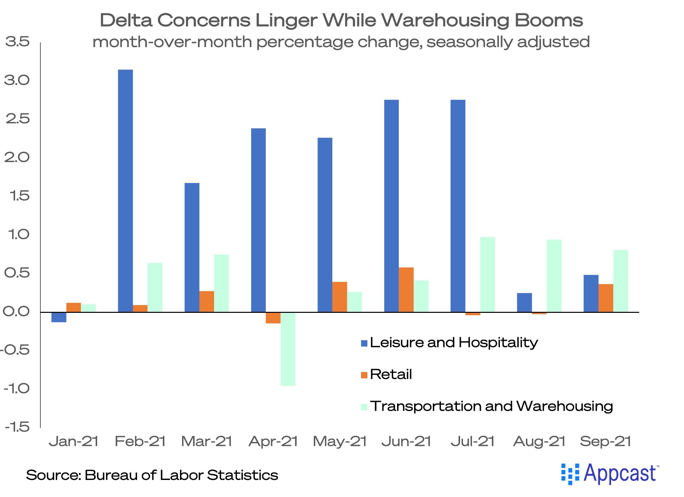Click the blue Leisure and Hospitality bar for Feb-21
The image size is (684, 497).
click(x=125, y=191)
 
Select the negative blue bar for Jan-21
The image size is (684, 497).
click(x=59, y=317)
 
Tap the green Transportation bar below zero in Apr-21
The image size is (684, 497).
click(x=288, y=349)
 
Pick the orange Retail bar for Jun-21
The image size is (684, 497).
click(x=406, y=290)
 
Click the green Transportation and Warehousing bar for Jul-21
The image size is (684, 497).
click(x=487, y=274)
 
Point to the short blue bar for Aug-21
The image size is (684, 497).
click(x=524, y=302)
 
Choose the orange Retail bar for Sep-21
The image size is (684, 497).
click(x=606, y=298)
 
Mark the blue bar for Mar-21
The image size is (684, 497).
click(x=192, y=247)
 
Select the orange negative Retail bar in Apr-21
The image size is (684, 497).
click(x=273, y=318)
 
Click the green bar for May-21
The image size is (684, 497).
click(x=354, y=302)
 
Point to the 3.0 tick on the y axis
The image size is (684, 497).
click(x=17, y=80)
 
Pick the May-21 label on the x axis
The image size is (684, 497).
click(x=340, y=442)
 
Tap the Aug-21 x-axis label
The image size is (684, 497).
click(x=539, y=442)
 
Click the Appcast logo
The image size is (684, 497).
click(x=610, y=474)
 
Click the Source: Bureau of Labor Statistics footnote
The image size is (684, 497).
click(x=152, y=475)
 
